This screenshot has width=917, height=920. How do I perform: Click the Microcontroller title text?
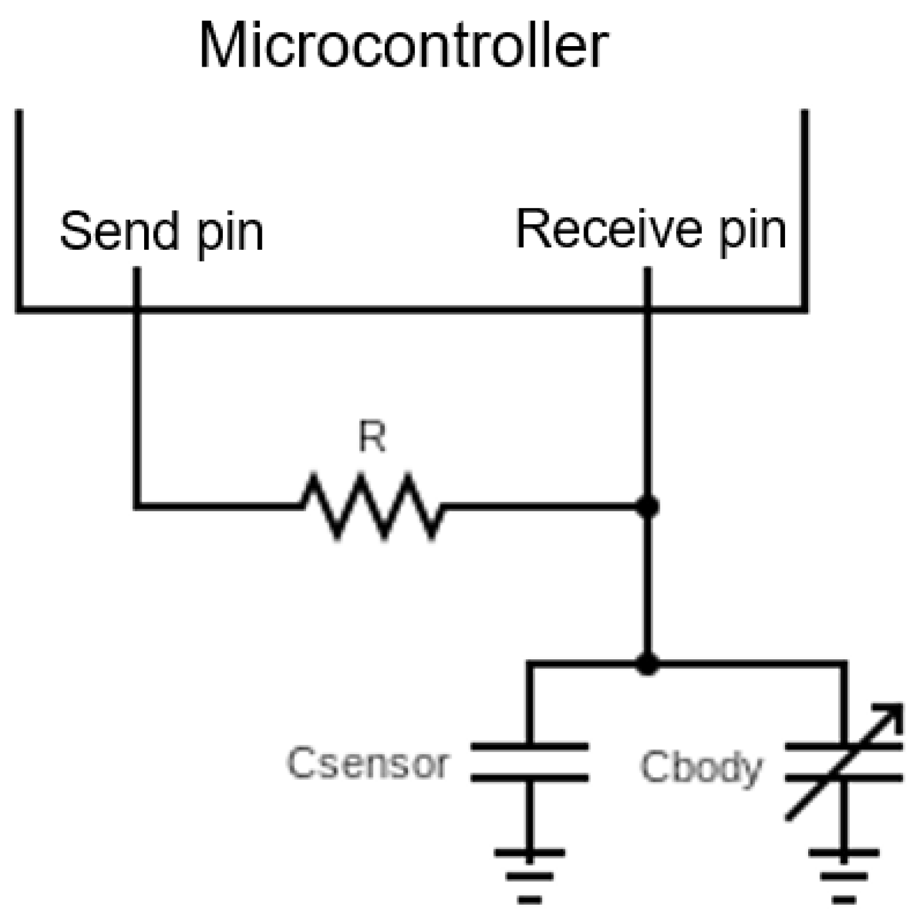(x=403, y=46)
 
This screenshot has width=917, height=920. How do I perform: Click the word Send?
(x=119, y=231)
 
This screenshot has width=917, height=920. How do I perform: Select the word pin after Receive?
(x=753, y=233)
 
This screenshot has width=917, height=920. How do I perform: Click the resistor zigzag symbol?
(x=372, y=506)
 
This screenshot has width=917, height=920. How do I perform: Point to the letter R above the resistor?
(x=372, y=438)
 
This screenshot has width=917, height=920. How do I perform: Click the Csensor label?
(x=368, y=764)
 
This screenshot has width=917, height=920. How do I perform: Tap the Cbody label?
(x=701, y=768)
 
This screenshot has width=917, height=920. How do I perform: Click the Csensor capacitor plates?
(x=529, y=762)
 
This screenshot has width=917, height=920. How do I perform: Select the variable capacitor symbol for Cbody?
(x=843, y=762)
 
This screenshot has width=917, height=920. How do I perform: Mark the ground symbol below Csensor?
(x=529, y=875)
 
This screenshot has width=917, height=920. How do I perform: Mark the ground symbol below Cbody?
(x=843, y=875)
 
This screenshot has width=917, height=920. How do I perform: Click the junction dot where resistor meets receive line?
(x=647, y=507)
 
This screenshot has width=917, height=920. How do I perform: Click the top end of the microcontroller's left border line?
(x=19, y=113)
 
